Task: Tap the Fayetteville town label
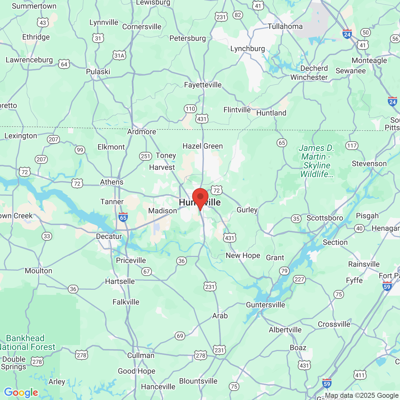[x=203, y=85]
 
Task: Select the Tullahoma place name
[x=285, y=27]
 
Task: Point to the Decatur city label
[x=109, y=237]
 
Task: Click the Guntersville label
[x=266, y=305]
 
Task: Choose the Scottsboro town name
[x=325, y=218]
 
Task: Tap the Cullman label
[x=141, y=356]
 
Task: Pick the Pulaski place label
[x=98, y=72]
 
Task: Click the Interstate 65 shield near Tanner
[x=123, y=217]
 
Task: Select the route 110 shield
[x=190, y=109]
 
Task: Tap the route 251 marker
[x=145, y=156]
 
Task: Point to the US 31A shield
[x=119, y=56]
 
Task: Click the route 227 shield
[x=299, y=279]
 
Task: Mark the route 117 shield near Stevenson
[x=352, y=146]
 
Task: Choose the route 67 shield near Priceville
[x=147, y=272]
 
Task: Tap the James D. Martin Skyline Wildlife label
[x=317, y=161]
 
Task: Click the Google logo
[x=21, y=392]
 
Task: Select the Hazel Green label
[x=203, y=146]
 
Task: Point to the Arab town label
[x=220, y=316]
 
